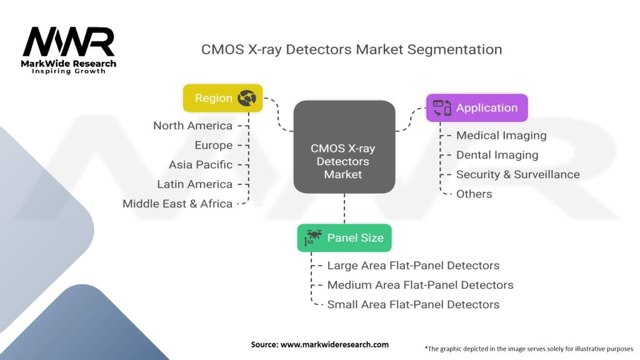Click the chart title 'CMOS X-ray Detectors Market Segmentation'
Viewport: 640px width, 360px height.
351,49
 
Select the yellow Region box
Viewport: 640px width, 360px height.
222,98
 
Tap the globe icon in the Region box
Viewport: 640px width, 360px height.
247,98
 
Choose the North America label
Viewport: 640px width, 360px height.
192,126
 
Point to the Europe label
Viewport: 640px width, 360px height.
213,145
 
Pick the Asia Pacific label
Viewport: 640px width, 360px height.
200,164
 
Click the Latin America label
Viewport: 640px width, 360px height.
194,184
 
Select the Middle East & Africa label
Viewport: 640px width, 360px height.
177,203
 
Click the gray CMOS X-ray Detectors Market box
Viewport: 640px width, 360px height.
344,147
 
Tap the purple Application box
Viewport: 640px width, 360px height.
477,107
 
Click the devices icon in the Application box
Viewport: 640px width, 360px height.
442,107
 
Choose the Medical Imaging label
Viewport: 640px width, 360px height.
501,135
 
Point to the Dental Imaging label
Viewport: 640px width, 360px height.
497,154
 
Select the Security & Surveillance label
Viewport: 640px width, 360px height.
517,174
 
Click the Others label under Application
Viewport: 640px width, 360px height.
474,194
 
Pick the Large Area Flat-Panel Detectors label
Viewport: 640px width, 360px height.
413,266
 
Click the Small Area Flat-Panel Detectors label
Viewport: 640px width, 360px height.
413,304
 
